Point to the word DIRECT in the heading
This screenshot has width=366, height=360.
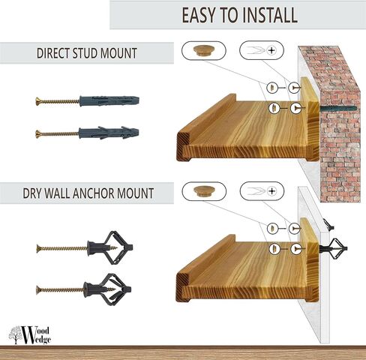tap(55, 54)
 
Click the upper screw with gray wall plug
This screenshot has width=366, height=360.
tap(86, 100)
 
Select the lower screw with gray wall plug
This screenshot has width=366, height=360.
tap(86, 133)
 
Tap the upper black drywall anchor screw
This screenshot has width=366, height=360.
tap(84, 247)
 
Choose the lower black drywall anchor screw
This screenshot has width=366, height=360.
tap(84, 289)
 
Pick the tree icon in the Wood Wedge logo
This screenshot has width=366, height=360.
tap(15, 332)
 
